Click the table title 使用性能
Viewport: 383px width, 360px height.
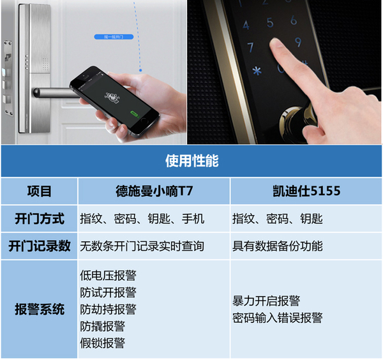192,161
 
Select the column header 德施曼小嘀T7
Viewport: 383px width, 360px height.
154,191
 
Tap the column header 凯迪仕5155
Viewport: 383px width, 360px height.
306,191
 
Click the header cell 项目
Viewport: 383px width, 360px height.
40,191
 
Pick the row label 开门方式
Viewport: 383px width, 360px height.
40,218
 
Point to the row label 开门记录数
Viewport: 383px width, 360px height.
40,246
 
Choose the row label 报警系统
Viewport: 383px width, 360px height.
40,309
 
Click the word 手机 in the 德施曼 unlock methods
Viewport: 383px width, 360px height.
193,218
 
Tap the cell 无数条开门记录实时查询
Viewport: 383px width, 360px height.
142,246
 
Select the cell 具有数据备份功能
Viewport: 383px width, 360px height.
278,246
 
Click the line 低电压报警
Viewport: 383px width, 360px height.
109,276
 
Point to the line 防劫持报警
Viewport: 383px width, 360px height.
109,310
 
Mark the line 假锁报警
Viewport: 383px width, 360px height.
103,343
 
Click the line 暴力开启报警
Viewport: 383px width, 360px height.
266,301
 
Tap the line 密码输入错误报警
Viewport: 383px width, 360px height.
278,318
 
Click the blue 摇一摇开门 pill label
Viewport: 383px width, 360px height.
114,37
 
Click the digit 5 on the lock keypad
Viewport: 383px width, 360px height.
270,22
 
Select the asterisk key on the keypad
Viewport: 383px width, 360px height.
257,71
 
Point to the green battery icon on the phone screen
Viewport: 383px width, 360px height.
134,114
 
